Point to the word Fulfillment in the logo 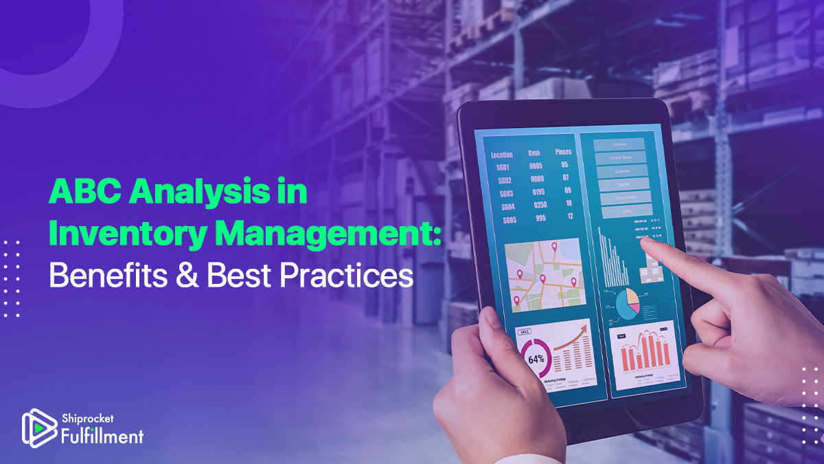pos(102,435)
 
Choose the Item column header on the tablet pos(534,153)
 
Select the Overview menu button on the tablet pos(619,144)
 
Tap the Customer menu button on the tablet pos(622,171)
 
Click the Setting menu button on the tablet pos(626,211)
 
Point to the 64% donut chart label pos(536,359)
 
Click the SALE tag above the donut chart pos(524,331)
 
